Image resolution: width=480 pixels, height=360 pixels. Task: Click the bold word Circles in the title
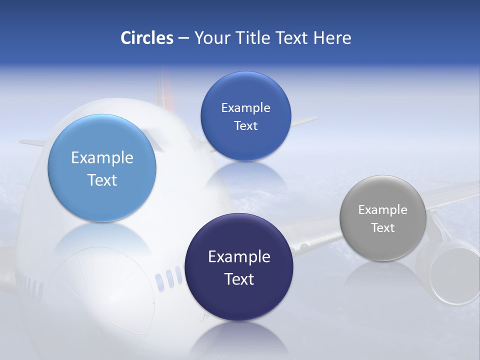(x=147, y=38)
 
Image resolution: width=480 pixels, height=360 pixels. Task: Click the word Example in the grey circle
(x=383, y=210)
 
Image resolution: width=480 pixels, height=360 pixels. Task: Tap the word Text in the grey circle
(x=383, y=228)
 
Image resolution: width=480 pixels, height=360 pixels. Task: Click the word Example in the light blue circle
(x=102, y=158)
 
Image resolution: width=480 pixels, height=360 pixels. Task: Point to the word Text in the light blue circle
(x=102, y=180)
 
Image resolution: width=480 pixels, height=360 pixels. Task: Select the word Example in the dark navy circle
(x=239, y=257)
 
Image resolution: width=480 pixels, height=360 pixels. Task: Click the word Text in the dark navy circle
(x=239, y=279)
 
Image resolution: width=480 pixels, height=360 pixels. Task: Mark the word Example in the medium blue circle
(x=245, y=108)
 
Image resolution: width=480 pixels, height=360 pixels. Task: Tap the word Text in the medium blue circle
(x=245, y=126)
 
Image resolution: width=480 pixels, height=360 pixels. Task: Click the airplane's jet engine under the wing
(x=447, y=272)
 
